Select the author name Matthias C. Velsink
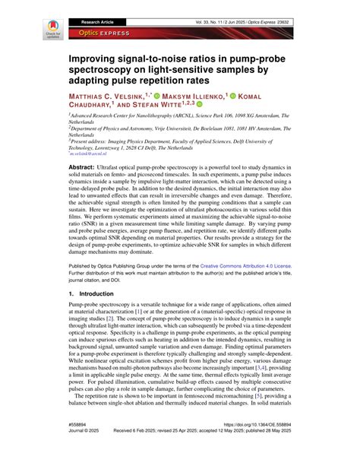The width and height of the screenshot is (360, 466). click(x=109, y=97)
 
